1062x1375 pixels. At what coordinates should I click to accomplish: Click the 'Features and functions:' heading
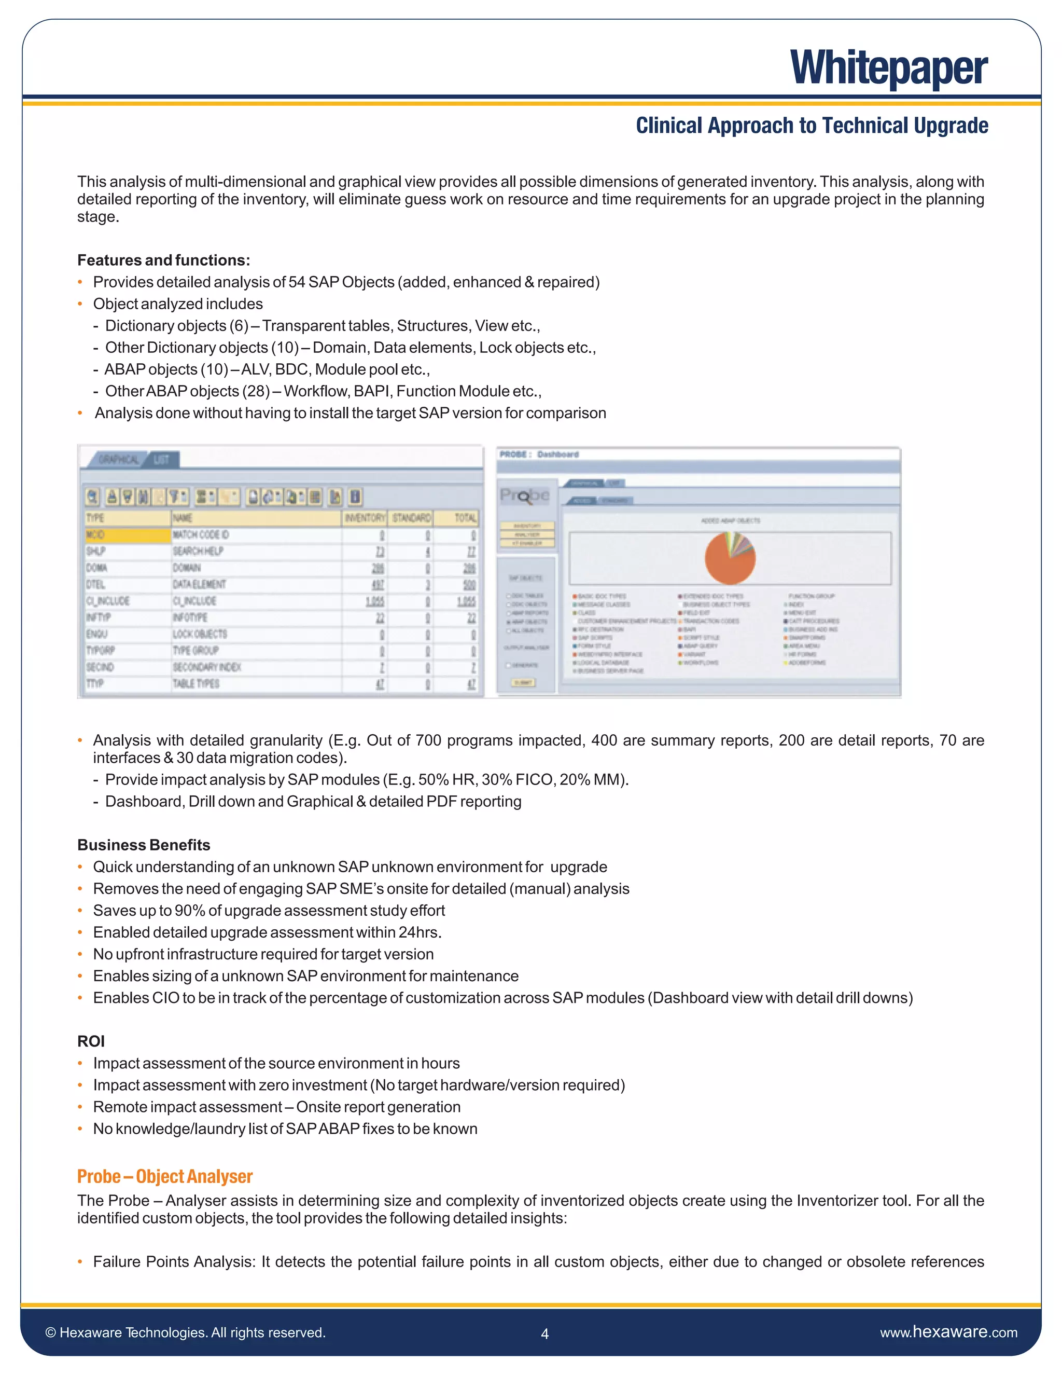163,260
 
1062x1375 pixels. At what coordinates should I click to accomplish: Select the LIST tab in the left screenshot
162,460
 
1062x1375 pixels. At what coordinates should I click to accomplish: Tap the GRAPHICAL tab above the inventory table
118,460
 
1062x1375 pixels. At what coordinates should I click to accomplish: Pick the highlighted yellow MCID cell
128,535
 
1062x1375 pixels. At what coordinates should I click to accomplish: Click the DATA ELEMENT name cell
200,584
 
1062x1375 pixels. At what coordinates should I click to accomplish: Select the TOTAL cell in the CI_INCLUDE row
466,601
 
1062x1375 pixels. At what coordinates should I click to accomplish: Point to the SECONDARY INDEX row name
207,667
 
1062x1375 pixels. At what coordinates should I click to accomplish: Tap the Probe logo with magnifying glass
525,497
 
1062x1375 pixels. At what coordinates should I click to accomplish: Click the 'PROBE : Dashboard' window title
539,455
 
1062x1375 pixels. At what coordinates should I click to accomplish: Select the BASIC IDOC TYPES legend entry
601,596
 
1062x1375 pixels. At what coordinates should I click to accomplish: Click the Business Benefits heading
144,845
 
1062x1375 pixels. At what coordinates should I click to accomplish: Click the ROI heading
91,1041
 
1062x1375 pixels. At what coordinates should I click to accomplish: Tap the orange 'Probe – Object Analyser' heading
165,1177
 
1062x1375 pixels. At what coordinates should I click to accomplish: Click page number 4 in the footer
545,1333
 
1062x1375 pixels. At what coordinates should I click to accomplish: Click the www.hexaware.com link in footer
948,1332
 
